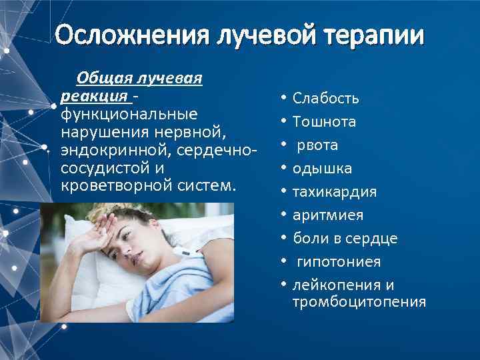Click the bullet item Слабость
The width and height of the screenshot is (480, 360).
(325, 99)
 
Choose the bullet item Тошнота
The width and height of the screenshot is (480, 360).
(324, 122)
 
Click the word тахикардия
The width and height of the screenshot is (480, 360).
(335, 192)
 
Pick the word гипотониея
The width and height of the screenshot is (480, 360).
(333, 262)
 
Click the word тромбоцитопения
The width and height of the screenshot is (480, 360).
(359, 302)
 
